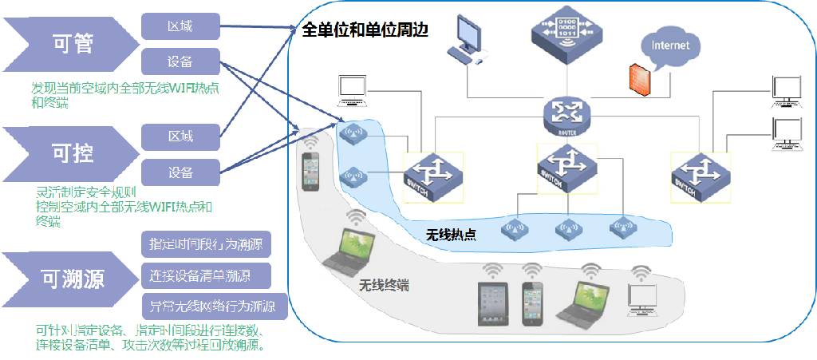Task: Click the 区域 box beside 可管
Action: (180, 26)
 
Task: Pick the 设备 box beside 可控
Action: (180, 172)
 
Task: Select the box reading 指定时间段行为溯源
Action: (207, 243)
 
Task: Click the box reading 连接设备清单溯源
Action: (207, 276)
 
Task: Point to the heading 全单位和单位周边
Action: (365, 31)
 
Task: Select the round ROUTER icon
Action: (566, 113)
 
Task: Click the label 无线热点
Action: (451, 235)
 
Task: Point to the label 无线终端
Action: (384, 285)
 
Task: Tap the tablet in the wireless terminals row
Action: (493, 303)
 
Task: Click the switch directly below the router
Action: (566, 168)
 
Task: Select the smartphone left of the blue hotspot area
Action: (312, 171)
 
